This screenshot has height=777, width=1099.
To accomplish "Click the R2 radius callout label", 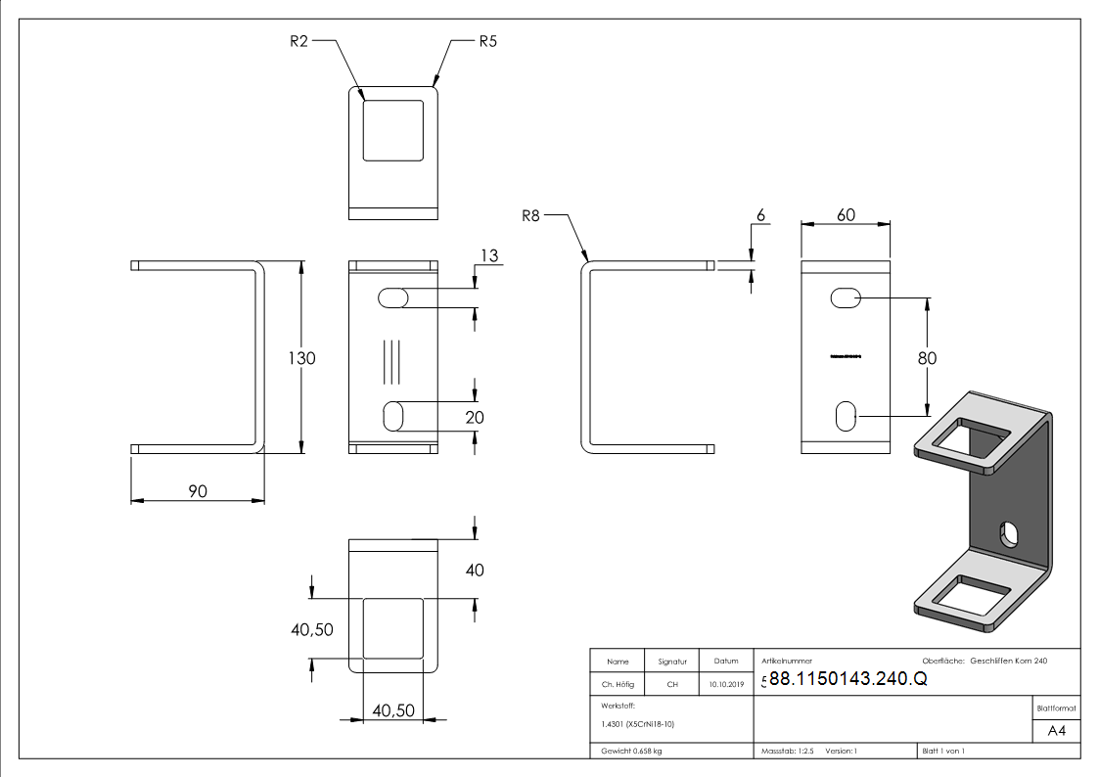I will click(x=300, y=41).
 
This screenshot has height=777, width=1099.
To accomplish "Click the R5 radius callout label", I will click(x=488, y=42).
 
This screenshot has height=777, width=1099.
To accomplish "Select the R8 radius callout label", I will click(x=530, y=215).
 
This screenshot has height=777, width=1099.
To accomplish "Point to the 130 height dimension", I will click(x=301, y=358).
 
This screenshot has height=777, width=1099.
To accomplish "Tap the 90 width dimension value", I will click(x=198, y=490).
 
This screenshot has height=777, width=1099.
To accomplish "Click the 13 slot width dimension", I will click(x=489, y=255).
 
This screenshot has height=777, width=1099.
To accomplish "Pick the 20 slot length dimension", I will click(x=476, y=417).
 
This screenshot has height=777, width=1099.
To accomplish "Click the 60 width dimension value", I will click(x=846, y=214).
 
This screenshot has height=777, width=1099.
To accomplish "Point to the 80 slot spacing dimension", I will click(x=927, y=358).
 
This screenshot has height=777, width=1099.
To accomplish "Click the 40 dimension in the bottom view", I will click(x=475, y=570).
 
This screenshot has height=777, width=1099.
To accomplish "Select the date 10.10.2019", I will click(x=725, y=684).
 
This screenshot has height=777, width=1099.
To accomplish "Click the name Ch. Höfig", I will click(x=617, y=684).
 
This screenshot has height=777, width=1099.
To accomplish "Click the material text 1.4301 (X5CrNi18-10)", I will click(x=638, y=724).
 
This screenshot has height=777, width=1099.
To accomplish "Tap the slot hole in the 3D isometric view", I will click(x=1007, y=534).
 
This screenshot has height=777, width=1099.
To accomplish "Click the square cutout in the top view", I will click(x=394, y=129).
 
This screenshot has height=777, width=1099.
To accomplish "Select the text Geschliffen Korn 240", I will click(x=1008, y=662).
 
